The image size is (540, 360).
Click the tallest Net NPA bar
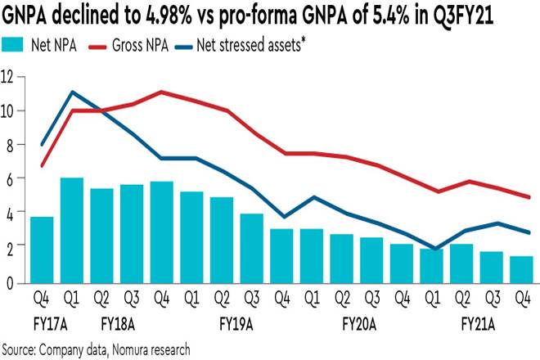[x=72, y=230]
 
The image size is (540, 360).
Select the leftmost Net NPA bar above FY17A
[x=43, y=250]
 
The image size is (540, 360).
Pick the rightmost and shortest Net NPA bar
[x=521, y=269]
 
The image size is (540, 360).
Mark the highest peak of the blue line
[x=73, y=92]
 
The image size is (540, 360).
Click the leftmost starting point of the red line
[x=43, y=166]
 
